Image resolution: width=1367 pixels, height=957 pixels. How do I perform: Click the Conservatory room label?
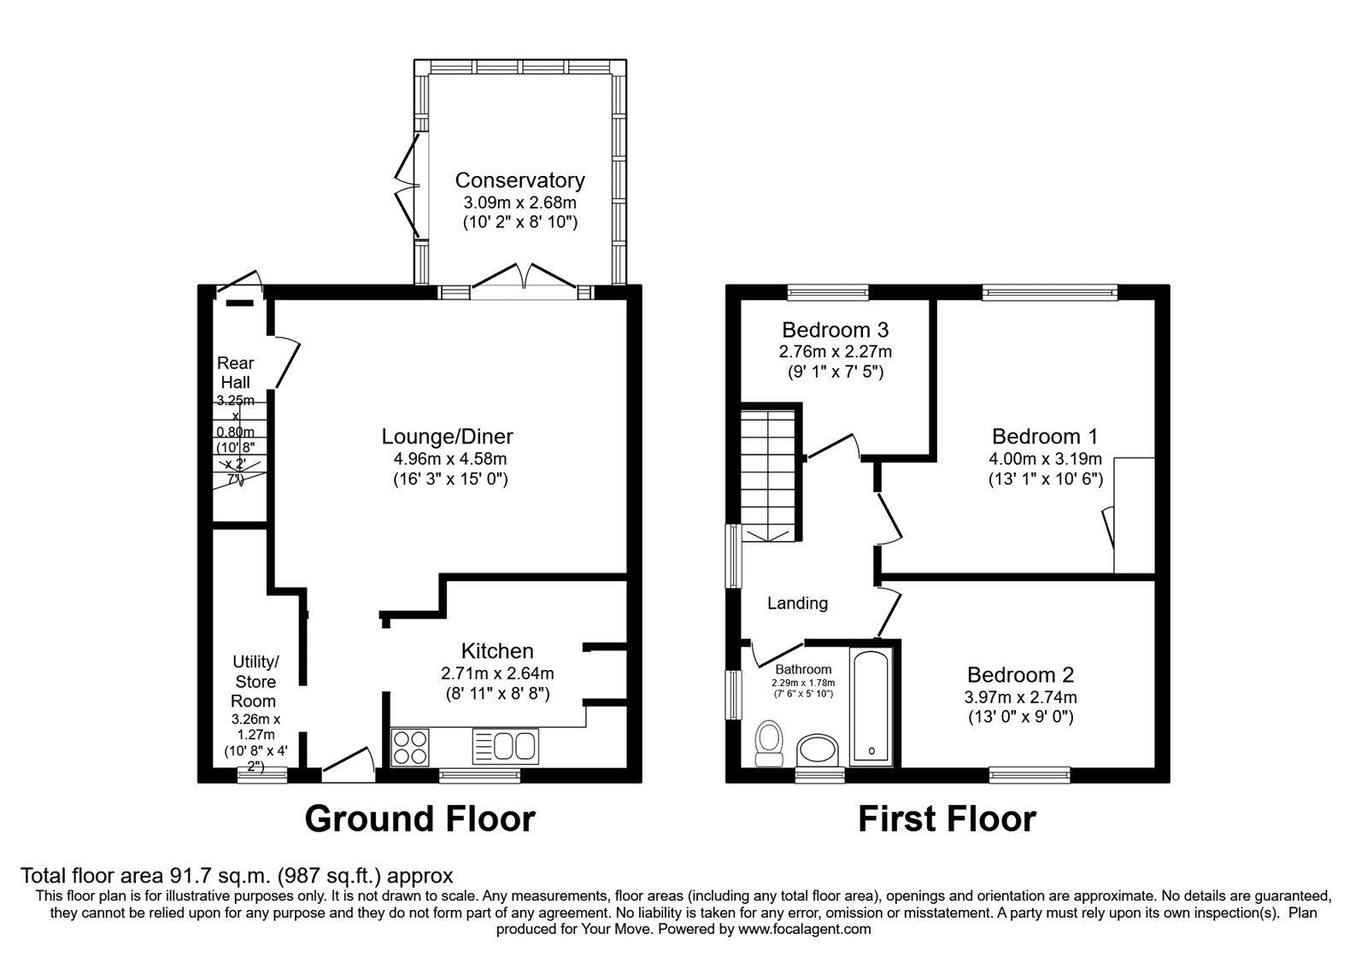[x=519, y=180]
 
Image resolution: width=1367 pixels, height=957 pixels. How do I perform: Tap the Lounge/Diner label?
[x=447, y=437]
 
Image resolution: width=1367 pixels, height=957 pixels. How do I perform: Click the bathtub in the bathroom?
[x=871, y=707]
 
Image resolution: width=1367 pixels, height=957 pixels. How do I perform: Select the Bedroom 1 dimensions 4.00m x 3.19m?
[x=1045, y=459]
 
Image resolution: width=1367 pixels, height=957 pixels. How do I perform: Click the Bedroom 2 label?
[x=1020, y=674]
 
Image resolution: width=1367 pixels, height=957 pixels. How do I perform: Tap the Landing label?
[x=797, y=603]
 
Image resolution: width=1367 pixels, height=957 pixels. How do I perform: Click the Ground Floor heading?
[x=419, y=819]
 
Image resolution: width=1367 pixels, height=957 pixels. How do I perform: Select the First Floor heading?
[x=947, y=819]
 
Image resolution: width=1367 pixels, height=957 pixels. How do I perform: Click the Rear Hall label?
[x=235, y=372]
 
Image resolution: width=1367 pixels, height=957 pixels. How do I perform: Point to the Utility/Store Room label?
[x=255, y=681]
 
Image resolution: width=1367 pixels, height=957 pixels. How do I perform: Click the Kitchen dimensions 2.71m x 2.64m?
[x=497, y=672]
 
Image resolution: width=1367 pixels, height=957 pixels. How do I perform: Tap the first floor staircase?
[x=768, y=474]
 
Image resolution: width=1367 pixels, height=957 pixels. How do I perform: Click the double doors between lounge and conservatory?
[x=525, y=279]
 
